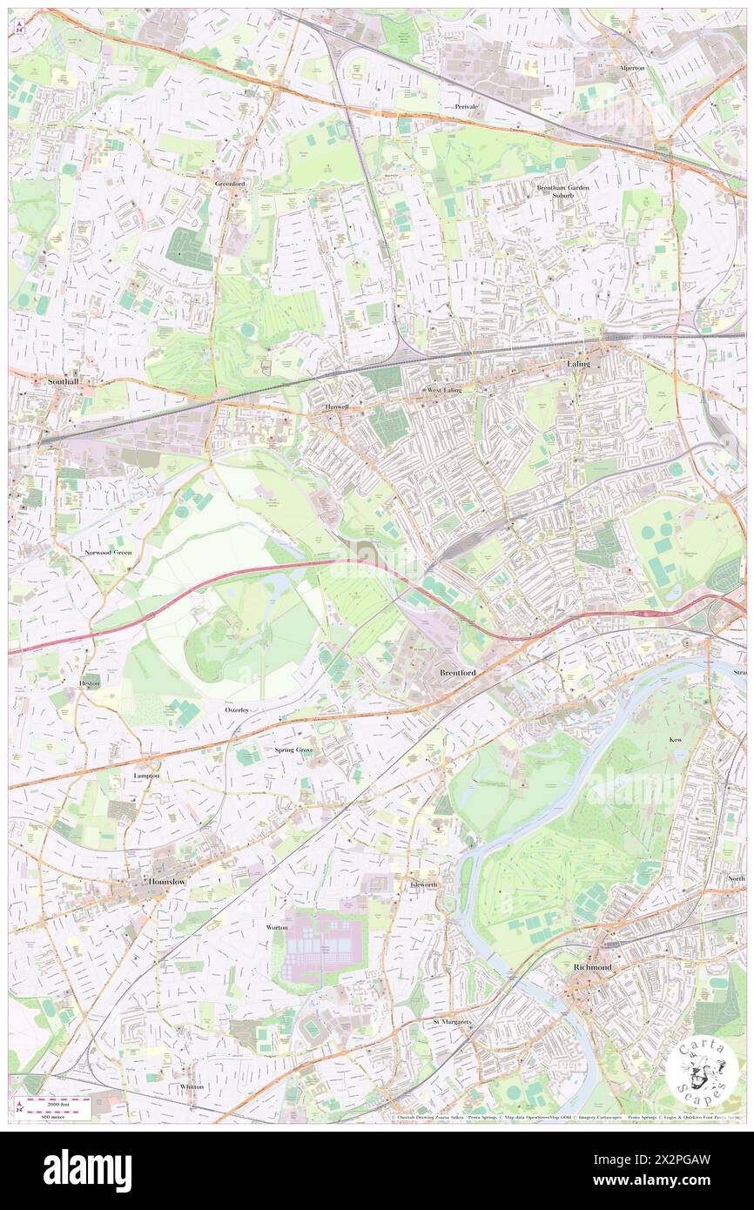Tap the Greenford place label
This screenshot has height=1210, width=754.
(x=231, y=184)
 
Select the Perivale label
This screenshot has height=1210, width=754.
(x=467, y=106)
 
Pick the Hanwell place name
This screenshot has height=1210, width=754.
(x=336, y=407)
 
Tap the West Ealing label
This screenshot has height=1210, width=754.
(x=444, y=391)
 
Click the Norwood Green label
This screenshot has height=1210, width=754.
(x=108, y=553)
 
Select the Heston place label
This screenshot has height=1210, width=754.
(x=91, y=684)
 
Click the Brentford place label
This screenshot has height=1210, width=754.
(x=457, y=673)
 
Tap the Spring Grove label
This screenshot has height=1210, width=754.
(x=293, y=750)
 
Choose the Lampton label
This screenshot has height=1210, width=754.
(x=146, y=774)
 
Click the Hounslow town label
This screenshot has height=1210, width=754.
(x=167, y=881)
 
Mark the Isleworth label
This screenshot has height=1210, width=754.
(x=423, y=884)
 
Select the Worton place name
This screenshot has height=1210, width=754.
(x=276, y=928)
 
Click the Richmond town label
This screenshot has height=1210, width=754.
(x=592, y=967)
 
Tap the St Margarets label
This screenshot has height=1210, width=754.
(x=452, y=1022)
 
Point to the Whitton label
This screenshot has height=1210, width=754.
(x=192, y=1086)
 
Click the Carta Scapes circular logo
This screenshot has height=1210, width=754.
(x=702, y=1072)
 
